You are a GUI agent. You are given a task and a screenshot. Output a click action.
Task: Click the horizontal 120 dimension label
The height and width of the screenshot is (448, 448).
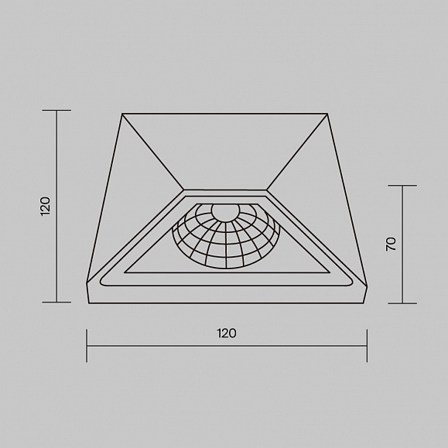point(227,333)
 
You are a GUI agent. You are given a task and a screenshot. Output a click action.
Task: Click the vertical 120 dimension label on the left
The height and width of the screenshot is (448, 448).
point(46,206)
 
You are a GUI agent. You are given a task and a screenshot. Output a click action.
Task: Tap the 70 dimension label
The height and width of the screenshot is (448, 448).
point(391,244)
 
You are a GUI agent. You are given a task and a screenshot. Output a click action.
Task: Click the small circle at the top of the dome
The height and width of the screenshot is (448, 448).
point(225,212)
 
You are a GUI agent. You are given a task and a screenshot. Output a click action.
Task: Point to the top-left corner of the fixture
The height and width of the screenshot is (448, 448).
point(122,114)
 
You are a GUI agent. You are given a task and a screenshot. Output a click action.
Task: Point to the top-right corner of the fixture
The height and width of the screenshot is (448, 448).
point(327,114)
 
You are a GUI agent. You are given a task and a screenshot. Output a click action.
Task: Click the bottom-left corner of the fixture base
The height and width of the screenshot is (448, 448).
point(89,303)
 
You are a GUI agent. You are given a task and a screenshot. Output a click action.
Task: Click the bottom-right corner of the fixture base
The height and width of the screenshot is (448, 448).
point(364,303)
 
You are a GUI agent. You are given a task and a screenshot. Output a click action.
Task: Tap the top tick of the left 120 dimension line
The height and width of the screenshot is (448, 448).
point(56,110)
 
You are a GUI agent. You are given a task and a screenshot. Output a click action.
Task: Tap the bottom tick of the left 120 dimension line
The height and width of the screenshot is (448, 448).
point(56,302)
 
